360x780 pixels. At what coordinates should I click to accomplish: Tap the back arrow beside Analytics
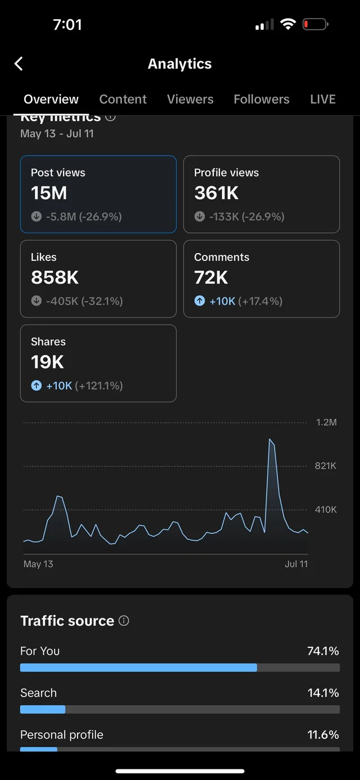pos(19,64)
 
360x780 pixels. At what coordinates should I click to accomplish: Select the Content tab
pos(123,99)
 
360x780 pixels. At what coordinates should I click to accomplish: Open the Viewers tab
pos(190,99)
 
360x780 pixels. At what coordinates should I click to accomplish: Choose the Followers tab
pos(262,99)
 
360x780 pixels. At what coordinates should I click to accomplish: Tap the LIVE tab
pos(323,99)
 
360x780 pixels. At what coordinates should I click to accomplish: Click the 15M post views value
pos(49,193)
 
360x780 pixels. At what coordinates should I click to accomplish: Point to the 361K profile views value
pos(217,193)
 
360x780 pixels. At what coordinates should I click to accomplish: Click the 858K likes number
pos(55,277)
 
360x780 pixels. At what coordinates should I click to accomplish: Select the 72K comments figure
pos(211,277)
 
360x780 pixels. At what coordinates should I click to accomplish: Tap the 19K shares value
pos(47,362)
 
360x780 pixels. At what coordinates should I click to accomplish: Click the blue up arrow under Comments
pos(200,301)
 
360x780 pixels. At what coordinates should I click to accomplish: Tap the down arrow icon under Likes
pos(37,301)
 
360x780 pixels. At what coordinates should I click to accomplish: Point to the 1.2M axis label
pos(326,422)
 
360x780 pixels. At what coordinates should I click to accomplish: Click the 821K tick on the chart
pos(326,466)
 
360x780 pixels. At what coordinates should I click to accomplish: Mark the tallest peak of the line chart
pos(271,440)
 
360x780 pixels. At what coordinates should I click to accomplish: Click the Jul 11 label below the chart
pos(296,563)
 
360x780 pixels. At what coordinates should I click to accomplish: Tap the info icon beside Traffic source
pos(124,620)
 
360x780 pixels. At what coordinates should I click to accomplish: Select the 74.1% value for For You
pos(323,651)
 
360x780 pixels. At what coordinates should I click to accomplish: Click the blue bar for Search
pos(43,710)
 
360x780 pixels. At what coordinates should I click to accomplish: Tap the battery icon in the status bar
pos(315,24)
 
